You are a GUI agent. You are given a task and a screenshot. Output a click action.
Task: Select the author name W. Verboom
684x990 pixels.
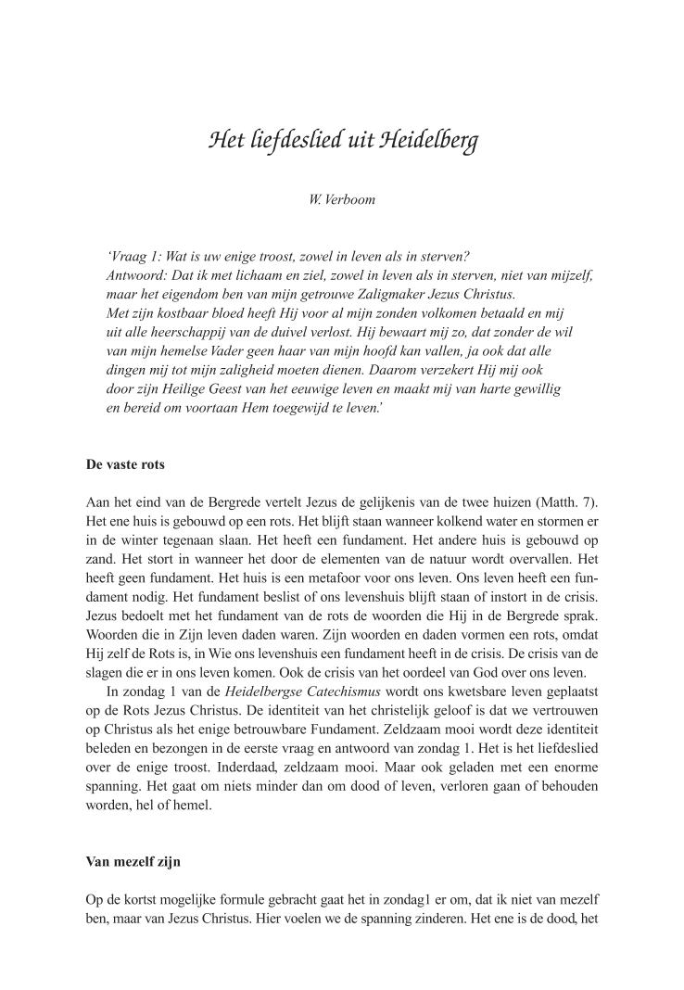coord(342,199)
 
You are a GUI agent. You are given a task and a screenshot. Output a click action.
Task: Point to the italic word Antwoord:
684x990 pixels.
coord(137,275)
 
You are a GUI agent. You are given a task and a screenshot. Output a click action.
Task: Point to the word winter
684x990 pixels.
coord(139,541)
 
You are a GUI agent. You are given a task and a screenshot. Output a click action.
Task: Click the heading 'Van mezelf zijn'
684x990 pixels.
coord(133,861)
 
